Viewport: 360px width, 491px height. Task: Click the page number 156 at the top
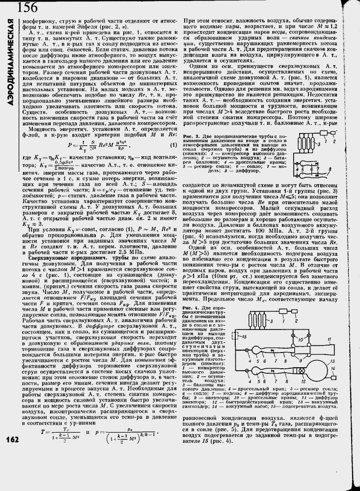coord(27,7)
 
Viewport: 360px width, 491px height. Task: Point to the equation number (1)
coord(173,145)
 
